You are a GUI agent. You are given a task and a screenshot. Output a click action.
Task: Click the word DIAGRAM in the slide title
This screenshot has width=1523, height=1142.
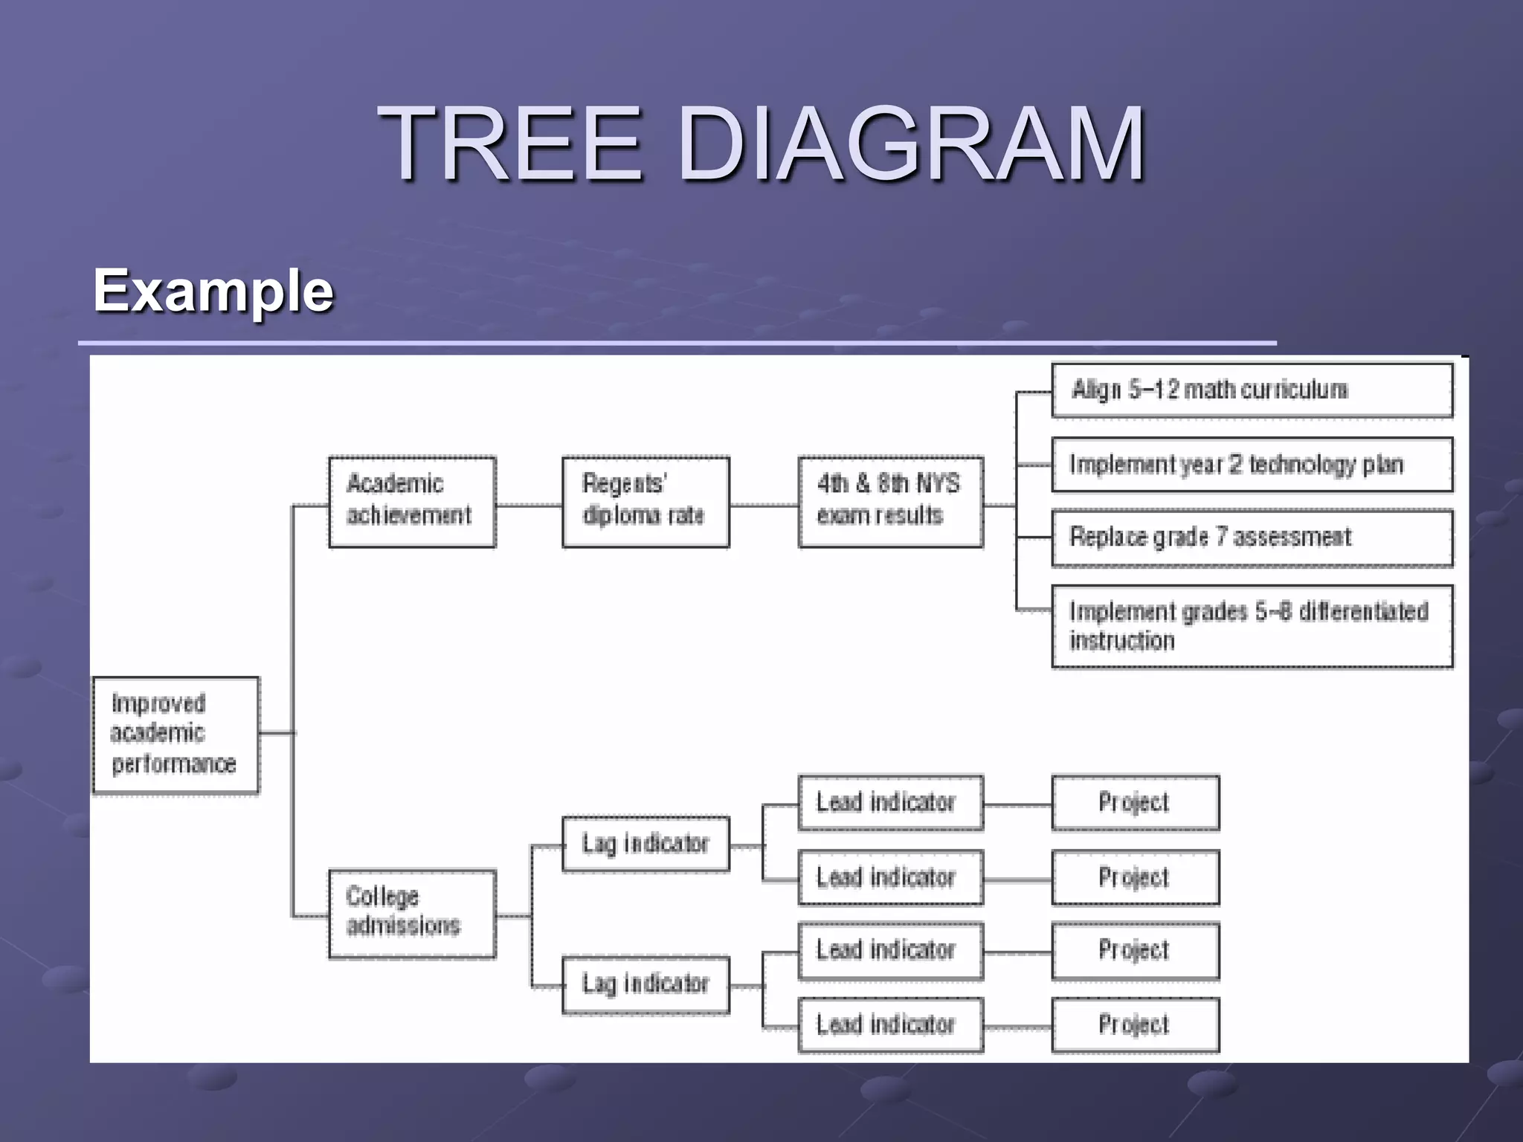(x=911, y=143)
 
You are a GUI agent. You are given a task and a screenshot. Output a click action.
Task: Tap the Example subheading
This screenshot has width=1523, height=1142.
(x=213, y=291)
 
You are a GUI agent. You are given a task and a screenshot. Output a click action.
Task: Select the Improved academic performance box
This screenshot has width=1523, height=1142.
(x=176, y=734)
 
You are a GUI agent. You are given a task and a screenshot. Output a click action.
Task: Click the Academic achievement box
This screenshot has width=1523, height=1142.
(x=412, y=502)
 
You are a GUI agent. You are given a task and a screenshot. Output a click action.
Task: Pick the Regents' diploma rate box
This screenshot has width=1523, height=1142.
(x=645, y=502)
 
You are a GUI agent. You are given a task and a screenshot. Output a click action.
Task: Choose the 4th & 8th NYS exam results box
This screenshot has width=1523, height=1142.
(x=890, y=502)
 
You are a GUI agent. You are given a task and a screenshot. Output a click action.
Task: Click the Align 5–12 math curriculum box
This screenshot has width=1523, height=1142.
(x=1252, y=390)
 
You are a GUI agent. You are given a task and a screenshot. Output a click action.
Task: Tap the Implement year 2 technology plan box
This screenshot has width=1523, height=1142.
(x=1252, y=465)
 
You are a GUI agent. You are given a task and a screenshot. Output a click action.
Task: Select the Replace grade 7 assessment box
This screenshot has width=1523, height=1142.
(x=1252, y=538)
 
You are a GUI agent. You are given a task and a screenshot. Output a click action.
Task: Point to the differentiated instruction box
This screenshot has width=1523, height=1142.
(x=1252, y=626)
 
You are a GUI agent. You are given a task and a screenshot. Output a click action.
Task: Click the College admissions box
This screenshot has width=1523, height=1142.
(x=412, y=914)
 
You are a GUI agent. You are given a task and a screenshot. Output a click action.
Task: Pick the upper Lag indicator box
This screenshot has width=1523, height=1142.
(x=645, y=844)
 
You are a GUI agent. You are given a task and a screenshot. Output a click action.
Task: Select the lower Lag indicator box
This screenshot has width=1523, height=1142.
(x=645, y=984)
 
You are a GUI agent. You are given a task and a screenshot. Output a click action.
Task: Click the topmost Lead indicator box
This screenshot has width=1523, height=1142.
(x=890, y=803)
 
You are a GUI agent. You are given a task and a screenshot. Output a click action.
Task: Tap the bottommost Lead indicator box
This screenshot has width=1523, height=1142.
(x=890, y=1025)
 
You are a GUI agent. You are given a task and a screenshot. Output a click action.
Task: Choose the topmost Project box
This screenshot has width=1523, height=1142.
(x=1135, y=803)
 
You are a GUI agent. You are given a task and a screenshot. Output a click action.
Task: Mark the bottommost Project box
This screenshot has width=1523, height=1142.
(x=1135, y=1025)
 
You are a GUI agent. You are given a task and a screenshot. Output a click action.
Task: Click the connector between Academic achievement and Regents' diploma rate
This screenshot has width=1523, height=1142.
(x=529, y=506)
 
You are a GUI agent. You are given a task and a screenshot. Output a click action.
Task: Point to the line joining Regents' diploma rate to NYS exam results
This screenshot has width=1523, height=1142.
(x=764, y=506)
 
